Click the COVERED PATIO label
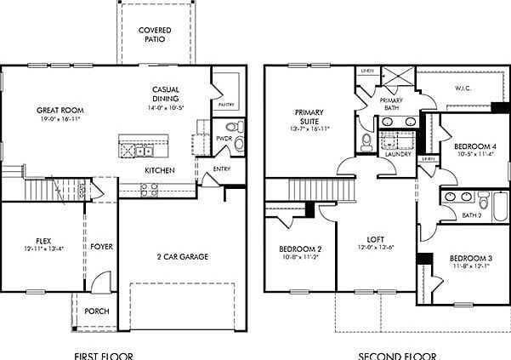coord(155,35)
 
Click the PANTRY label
coord(225,105)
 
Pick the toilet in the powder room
coord(239,129)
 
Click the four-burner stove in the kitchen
coord(149,190)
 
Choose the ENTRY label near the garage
coord(221,169)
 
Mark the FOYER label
coord(102,247)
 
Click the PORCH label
coord(96,311)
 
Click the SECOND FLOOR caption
coord(397,354)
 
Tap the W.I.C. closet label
coord(463,88)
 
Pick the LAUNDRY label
coord(397,154)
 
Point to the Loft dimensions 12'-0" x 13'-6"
coord(376,249)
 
